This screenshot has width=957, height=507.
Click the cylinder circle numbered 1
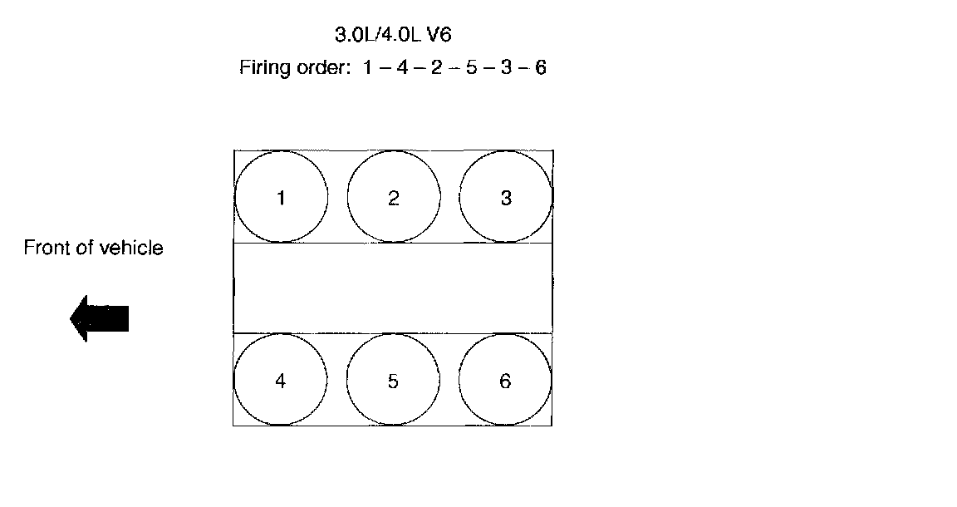click(x=281, y=198)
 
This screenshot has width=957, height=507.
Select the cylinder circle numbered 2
click(x=393, y=198)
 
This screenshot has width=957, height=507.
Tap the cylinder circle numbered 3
click(x=505, y=198)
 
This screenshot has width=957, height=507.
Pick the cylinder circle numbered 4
click(x=280, y=381)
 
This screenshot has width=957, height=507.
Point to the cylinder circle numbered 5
click(x=392, y=381)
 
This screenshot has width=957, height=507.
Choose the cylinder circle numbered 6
click(x=504, y=381)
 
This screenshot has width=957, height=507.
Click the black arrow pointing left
click(x=100, y=317)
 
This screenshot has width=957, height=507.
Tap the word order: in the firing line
click(x=319, y=68)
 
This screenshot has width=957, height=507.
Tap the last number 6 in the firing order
click(x=540, y=68)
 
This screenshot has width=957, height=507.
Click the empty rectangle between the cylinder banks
click(x=393, y=288)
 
